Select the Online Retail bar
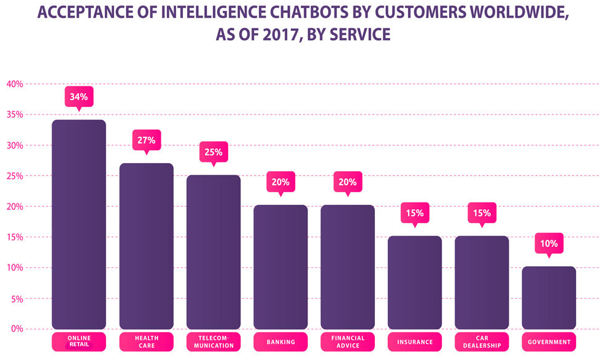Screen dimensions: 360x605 coord(79,224)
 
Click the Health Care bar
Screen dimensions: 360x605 coord(146,245)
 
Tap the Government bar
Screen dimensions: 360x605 coord(549,297)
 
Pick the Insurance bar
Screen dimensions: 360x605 coord(414,282)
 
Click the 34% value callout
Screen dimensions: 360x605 coord(79,97)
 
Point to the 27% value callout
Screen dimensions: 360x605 coord(146,140)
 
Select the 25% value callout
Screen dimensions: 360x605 coord(214,152)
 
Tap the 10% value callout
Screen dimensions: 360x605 coord(549,243)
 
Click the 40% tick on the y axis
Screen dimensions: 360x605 coord(15,84)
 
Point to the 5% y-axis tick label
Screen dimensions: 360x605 coord(16,299)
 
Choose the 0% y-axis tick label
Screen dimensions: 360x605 coord(16,329)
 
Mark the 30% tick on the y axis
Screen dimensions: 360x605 coord(15,145)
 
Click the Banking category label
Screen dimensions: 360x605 coord(280,342)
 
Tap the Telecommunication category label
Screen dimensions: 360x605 coord(214,342)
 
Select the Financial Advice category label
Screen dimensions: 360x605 coord(348,342)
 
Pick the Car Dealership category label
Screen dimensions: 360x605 coord(482,342)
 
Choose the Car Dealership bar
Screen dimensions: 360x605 coord(482,282)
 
